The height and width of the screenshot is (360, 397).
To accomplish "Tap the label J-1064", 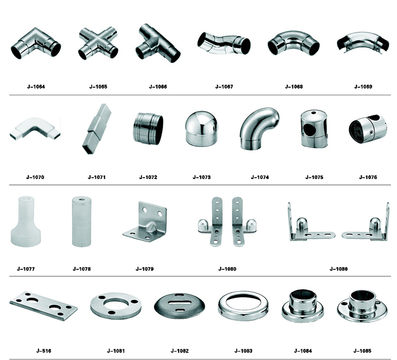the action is coord(36,87).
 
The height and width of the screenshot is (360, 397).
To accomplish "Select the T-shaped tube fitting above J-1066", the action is coord(157,43).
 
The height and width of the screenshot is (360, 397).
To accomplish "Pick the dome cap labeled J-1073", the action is coord(201,128).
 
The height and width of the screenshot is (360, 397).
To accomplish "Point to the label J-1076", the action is coord(368,178).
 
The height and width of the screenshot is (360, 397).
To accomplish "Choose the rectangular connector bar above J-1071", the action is coord(97,129).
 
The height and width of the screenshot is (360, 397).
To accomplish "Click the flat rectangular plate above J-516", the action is coord(44,305).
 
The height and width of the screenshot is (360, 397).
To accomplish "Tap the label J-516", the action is coord(44,351).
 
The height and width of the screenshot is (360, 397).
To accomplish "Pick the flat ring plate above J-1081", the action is coord(116,306).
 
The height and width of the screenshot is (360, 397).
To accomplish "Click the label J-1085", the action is coord(362,351).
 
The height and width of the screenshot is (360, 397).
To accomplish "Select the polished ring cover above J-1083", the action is coord(243,306).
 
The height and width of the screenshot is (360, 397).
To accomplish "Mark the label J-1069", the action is coord(363,87).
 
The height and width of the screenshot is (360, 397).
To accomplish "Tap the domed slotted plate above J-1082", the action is coord(180,306).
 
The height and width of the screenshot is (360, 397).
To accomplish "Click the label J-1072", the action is coord(148,178).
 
